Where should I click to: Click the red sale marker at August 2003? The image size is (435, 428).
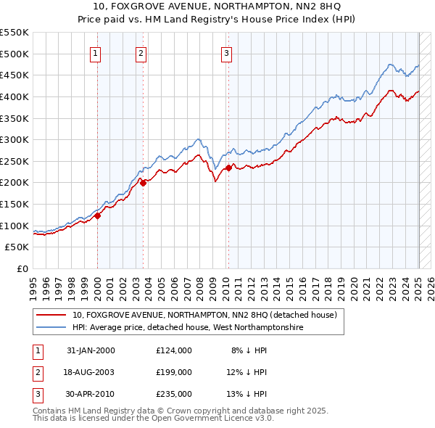click(143, 183)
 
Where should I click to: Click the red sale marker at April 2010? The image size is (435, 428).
click(228, 168)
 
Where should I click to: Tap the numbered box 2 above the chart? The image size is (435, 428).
click(141, 52)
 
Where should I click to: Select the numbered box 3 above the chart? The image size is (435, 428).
click(226, 52)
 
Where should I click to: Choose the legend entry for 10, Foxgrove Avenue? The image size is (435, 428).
click(204, 316)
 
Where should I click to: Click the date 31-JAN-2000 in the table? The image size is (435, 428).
click(91, 350)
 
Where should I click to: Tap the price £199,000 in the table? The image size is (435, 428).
click(174, 372)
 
